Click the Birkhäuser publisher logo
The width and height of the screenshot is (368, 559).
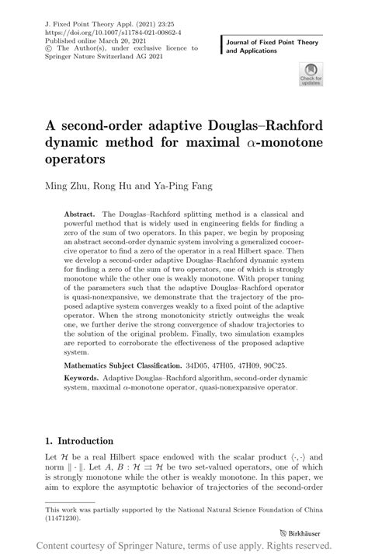pos(304,534)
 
